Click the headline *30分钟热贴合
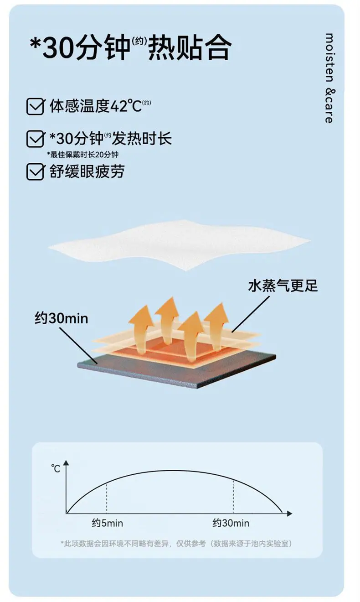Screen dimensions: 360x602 [130, 47]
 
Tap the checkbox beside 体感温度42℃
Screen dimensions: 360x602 [35, 106]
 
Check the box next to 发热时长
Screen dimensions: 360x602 [35, 139]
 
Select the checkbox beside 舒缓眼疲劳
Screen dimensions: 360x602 [35, 171]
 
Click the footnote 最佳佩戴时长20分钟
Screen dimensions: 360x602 [82, 155]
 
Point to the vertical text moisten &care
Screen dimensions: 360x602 [329, 78]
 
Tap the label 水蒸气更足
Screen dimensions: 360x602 [283, 285]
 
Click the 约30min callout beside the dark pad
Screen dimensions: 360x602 [62, 318]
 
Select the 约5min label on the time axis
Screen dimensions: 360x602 [108, 523]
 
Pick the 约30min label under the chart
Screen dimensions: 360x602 [231, 523]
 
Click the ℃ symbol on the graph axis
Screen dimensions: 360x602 [56, 469]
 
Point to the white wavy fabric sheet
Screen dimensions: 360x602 [180, 244]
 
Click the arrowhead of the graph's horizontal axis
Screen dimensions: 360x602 [289, 514]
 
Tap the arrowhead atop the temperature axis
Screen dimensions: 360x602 [66, 463]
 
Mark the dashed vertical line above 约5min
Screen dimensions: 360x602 [107, 498]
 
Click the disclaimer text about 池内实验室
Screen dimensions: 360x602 [176, 544]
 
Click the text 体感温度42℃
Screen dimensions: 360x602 [96, 106]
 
